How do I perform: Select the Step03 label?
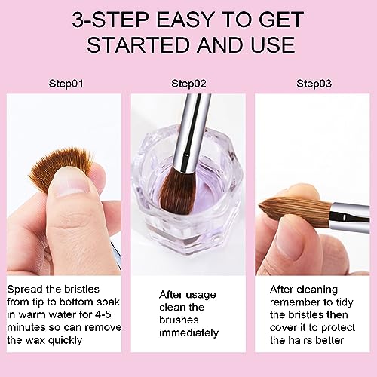coord(314,83)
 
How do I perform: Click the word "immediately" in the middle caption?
coord(188,333)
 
